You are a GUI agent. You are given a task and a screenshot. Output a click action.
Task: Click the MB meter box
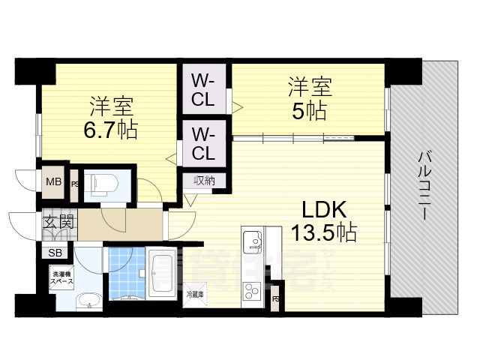(x=54, y=181)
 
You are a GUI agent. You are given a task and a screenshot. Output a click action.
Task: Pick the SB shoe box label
(x=55, y=253)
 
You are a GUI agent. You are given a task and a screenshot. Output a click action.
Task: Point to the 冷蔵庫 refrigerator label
(x=194, y=293)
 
